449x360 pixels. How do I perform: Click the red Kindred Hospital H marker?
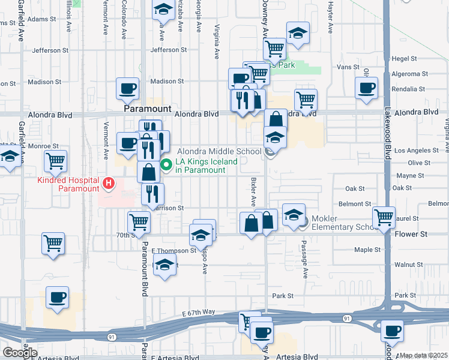109,182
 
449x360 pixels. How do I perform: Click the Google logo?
20,352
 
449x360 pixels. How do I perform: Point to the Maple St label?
368,249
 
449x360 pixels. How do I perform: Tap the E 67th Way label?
198,312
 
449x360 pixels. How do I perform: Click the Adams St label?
41,19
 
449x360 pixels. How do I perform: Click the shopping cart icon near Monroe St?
55,161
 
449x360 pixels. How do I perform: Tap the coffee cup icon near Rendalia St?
366,88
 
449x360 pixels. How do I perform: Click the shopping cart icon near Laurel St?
384,217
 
